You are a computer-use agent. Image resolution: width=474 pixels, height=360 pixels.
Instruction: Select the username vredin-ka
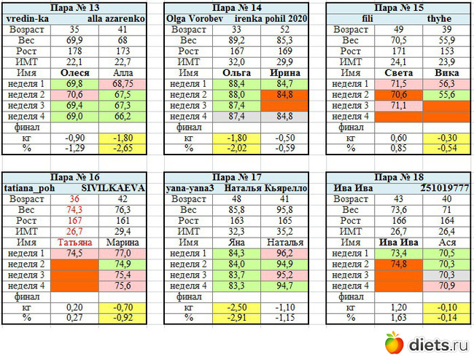(x=28, y=17)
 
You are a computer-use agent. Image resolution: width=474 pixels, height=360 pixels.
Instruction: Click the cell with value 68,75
(x=124, y=85)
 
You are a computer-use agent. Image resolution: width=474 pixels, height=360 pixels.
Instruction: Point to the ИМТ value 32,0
(x=235, y=63)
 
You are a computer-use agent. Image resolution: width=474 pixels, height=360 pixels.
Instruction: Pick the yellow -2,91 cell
(x=235, y=318)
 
